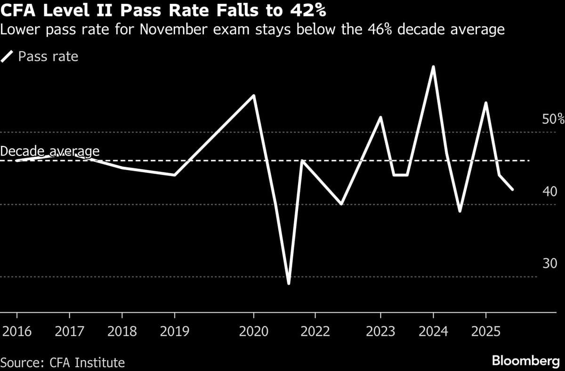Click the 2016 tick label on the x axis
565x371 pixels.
tap(17, 331)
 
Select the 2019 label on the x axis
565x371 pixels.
tap(175, 331)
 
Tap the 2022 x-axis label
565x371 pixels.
tap(315, 331)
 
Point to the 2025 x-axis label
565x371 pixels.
tap(485, 331)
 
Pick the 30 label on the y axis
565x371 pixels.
tap(549, 264)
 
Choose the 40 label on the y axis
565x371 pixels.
tap(549, 192)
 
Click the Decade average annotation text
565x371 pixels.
tap(50, 151)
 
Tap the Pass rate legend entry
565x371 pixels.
tap(48, 57)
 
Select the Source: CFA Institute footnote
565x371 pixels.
tap(63, 363)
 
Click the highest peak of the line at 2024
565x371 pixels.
tap(433, 66)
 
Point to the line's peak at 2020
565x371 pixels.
tap(254, 96)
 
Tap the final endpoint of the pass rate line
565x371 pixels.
tap(513, 190)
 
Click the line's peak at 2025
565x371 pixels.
tap(485, 103)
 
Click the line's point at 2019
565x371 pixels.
tap(175, 175)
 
